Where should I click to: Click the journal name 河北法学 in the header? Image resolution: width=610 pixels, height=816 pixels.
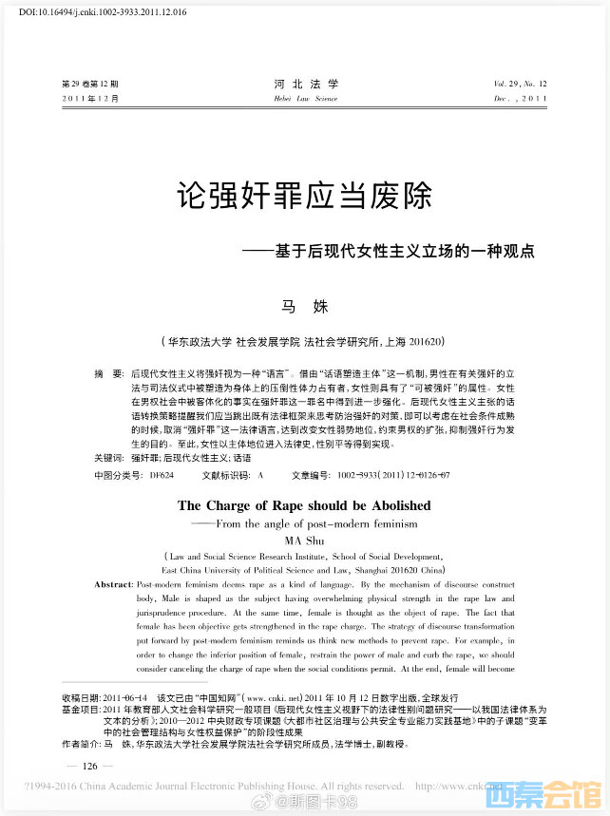click(305, 84)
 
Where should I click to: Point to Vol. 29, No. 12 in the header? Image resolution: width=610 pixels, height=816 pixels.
click(520, 84)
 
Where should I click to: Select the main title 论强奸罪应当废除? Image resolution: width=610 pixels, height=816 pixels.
click(305, 198)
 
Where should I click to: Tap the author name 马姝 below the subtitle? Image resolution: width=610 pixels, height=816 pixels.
click(304, 306)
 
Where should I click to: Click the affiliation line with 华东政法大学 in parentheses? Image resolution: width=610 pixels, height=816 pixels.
click(305, 340)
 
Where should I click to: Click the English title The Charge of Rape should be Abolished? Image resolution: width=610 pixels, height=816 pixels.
click(304, 505)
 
